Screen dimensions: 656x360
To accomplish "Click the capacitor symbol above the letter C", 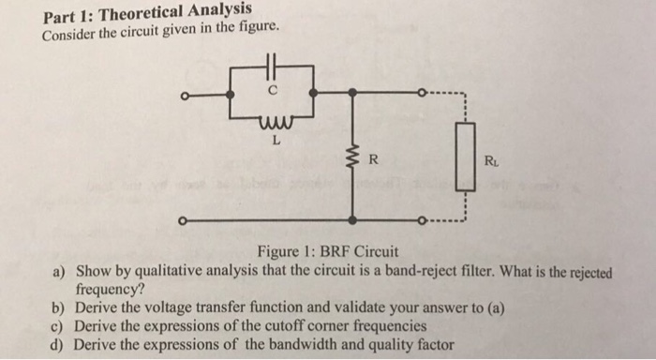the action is tap(272, 67).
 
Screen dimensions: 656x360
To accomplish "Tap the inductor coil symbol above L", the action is tap(276, 121).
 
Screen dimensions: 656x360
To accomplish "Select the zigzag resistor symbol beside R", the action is tap(354, 160).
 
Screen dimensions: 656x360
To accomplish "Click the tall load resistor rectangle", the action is tap(465, 157).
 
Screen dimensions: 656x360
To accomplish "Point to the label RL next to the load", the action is tap(491, 161).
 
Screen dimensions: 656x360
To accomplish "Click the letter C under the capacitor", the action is tap(273, 90).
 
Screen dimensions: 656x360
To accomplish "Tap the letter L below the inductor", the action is tap(276, 141).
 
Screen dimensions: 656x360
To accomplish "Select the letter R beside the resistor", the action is tap(373, 159).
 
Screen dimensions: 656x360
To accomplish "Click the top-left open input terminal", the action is tap(184, 97).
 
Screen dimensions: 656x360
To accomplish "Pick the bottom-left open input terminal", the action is tap(182, 220).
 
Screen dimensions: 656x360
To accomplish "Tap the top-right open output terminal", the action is tap(422, 92).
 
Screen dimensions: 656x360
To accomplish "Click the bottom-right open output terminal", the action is tap(422, 220).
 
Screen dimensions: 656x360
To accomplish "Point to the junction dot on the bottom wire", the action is tap(353, 219).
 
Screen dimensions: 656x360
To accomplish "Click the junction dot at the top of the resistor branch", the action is tap(353, 93).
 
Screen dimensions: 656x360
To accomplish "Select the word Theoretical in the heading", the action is tap(141, 14).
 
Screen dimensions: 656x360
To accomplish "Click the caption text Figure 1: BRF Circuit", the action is tap(328, 251).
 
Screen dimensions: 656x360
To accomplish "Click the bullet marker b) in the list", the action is tap(57, 308).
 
